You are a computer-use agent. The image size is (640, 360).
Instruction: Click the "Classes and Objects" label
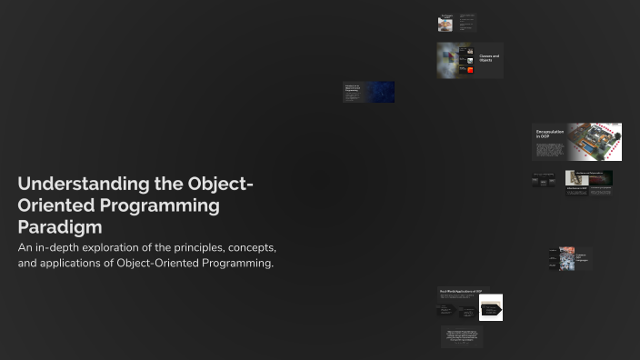point(489,58)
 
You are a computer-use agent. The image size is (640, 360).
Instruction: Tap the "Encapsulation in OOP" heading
point(549,135)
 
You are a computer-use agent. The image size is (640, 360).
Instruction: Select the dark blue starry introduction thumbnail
point(379,92)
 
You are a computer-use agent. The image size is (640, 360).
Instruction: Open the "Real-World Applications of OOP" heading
point(461,291)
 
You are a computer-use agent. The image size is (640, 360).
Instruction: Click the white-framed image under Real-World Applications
point(491,308)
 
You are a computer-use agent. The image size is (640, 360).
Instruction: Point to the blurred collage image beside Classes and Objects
point(447,59)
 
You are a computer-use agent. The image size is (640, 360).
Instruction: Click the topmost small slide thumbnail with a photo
point(445,24)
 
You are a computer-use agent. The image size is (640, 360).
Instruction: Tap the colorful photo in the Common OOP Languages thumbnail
point(566,258)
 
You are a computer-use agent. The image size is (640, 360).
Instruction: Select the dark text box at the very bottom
point(462,336)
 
